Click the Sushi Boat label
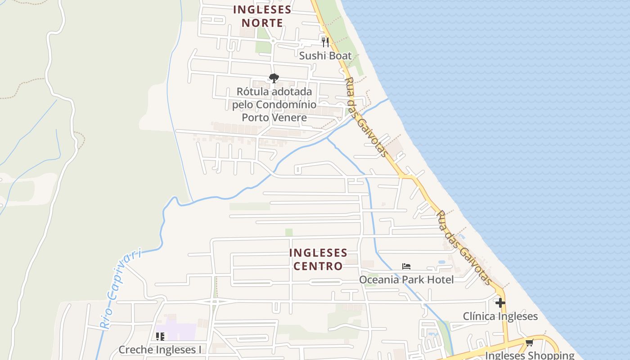325,56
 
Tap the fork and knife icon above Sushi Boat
325,42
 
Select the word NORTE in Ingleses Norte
262,23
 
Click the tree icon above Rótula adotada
274,78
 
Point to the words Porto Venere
274,117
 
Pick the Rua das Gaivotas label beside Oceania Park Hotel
465,247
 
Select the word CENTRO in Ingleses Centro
318,266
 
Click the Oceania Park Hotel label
406,279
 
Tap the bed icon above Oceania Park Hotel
406,266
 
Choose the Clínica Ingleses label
500,316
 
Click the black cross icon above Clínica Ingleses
500,303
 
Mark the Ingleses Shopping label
530,355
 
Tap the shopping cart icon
530,342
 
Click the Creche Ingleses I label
160,350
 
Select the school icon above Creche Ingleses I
160,336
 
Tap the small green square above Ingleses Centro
289,232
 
